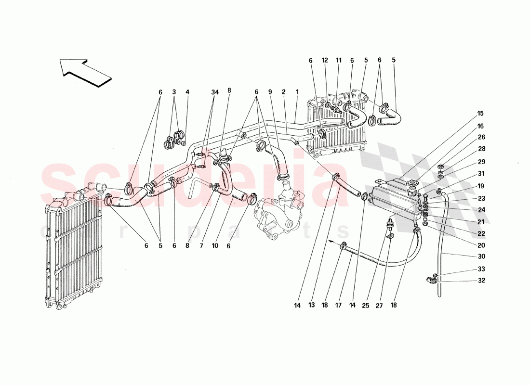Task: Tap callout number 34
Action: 214,92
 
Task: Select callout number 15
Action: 481,114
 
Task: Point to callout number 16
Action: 481,126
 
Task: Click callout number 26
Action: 481,137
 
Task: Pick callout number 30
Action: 481,257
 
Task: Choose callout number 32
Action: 481,281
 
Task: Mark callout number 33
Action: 481,269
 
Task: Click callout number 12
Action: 325,61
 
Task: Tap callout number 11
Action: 339,61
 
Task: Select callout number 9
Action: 271,92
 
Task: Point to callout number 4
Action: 187,92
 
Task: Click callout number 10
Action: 215,245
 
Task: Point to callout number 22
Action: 481,233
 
